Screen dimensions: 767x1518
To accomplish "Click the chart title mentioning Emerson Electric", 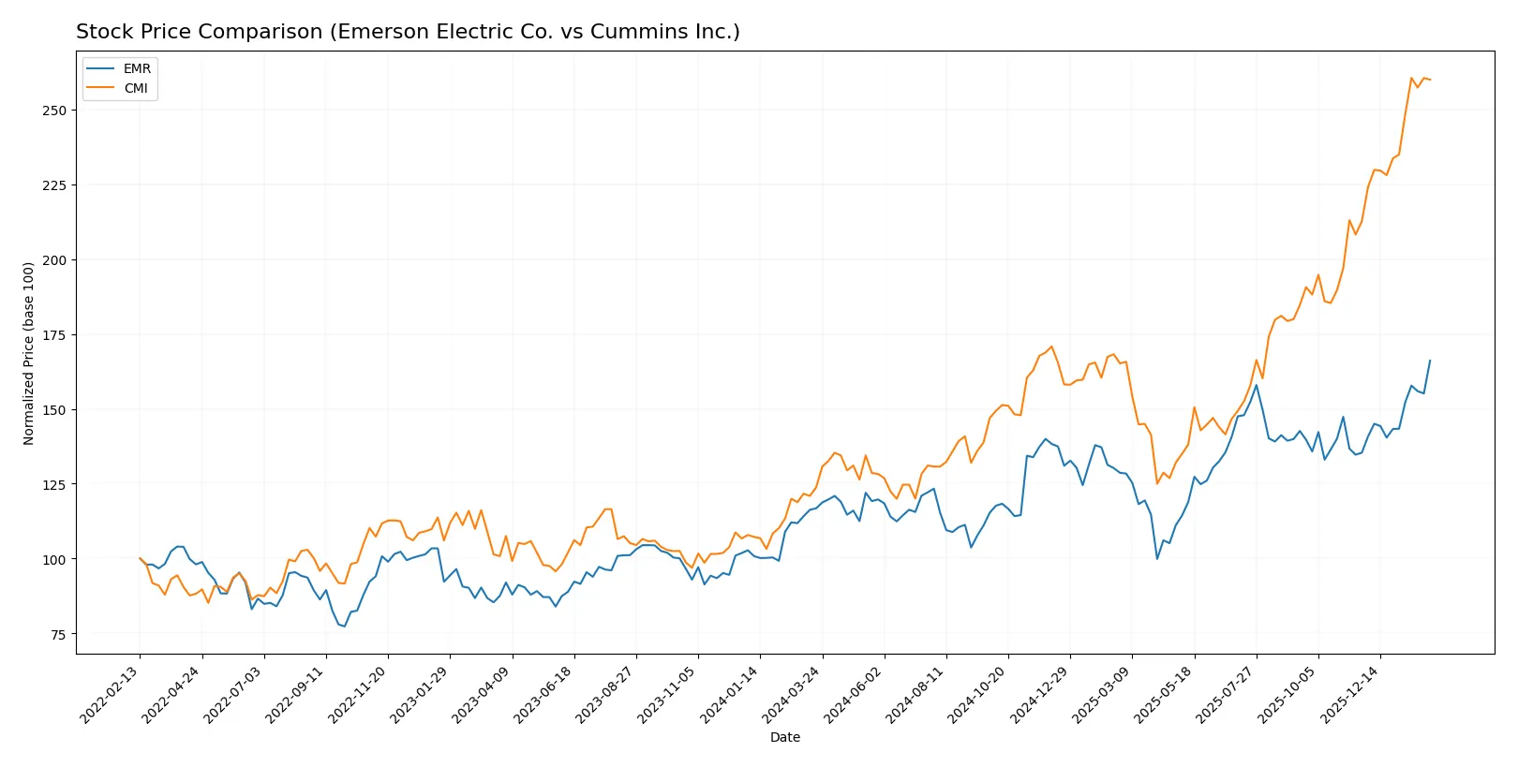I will (408, 32).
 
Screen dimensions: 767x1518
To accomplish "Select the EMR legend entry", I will (136, 68).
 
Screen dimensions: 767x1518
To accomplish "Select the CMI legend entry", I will (136, 88).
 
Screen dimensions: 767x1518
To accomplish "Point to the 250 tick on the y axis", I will (54, 111).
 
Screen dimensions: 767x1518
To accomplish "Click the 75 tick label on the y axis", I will (58, 635).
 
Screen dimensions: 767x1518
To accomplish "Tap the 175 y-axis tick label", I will (54, 335).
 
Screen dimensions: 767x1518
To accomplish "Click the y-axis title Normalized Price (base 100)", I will (29, 353).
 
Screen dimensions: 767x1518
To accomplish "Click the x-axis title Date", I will (784, 737).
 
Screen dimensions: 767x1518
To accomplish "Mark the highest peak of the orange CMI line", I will (1411, 78).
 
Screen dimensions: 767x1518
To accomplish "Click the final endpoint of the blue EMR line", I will (1430, 361).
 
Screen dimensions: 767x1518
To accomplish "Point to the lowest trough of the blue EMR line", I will (344, 627).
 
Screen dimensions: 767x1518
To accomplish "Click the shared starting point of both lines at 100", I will (140, 558).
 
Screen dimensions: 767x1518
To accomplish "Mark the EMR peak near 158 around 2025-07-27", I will (1257, 385).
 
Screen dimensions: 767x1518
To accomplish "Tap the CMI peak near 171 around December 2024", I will (1051, 347).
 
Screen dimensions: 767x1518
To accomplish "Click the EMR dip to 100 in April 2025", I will (1157, 559).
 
